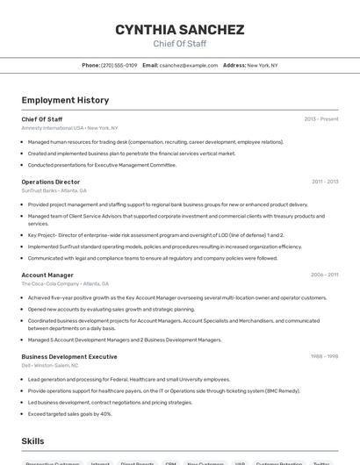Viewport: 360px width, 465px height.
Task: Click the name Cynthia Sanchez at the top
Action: [179, 30]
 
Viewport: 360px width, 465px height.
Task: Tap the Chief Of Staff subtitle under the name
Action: [179, 43]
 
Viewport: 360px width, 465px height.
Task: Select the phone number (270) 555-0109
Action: [119, 65]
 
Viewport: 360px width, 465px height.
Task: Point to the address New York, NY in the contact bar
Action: [262, 65]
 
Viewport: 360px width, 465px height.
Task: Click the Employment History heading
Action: [65, 100]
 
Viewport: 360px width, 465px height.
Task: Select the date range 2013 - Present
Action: [320, 119]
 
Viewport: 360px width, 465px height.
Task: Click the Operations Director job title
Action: [50, 182]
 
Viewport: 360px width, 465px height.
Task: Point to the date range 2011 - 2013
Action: [324, 182]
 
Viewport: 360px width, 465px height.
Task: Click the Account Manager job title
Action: [47, 275]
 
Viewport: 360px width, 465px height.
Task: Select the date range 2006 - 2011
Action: [324, 275]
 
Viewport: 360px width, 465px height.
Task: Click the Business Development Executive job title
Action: [69, 357]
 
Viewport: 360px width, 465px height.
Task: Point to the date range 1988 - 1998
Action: [324, 357]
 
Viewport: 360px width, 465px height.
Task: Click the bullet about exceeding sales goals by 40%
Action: [69, 413]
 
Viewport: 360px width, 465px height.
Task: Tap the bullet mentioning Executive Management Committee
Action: [102, 165]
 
